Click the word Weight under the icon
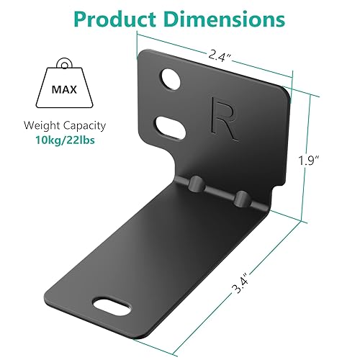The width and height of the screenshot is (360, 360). pos(37,125)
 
